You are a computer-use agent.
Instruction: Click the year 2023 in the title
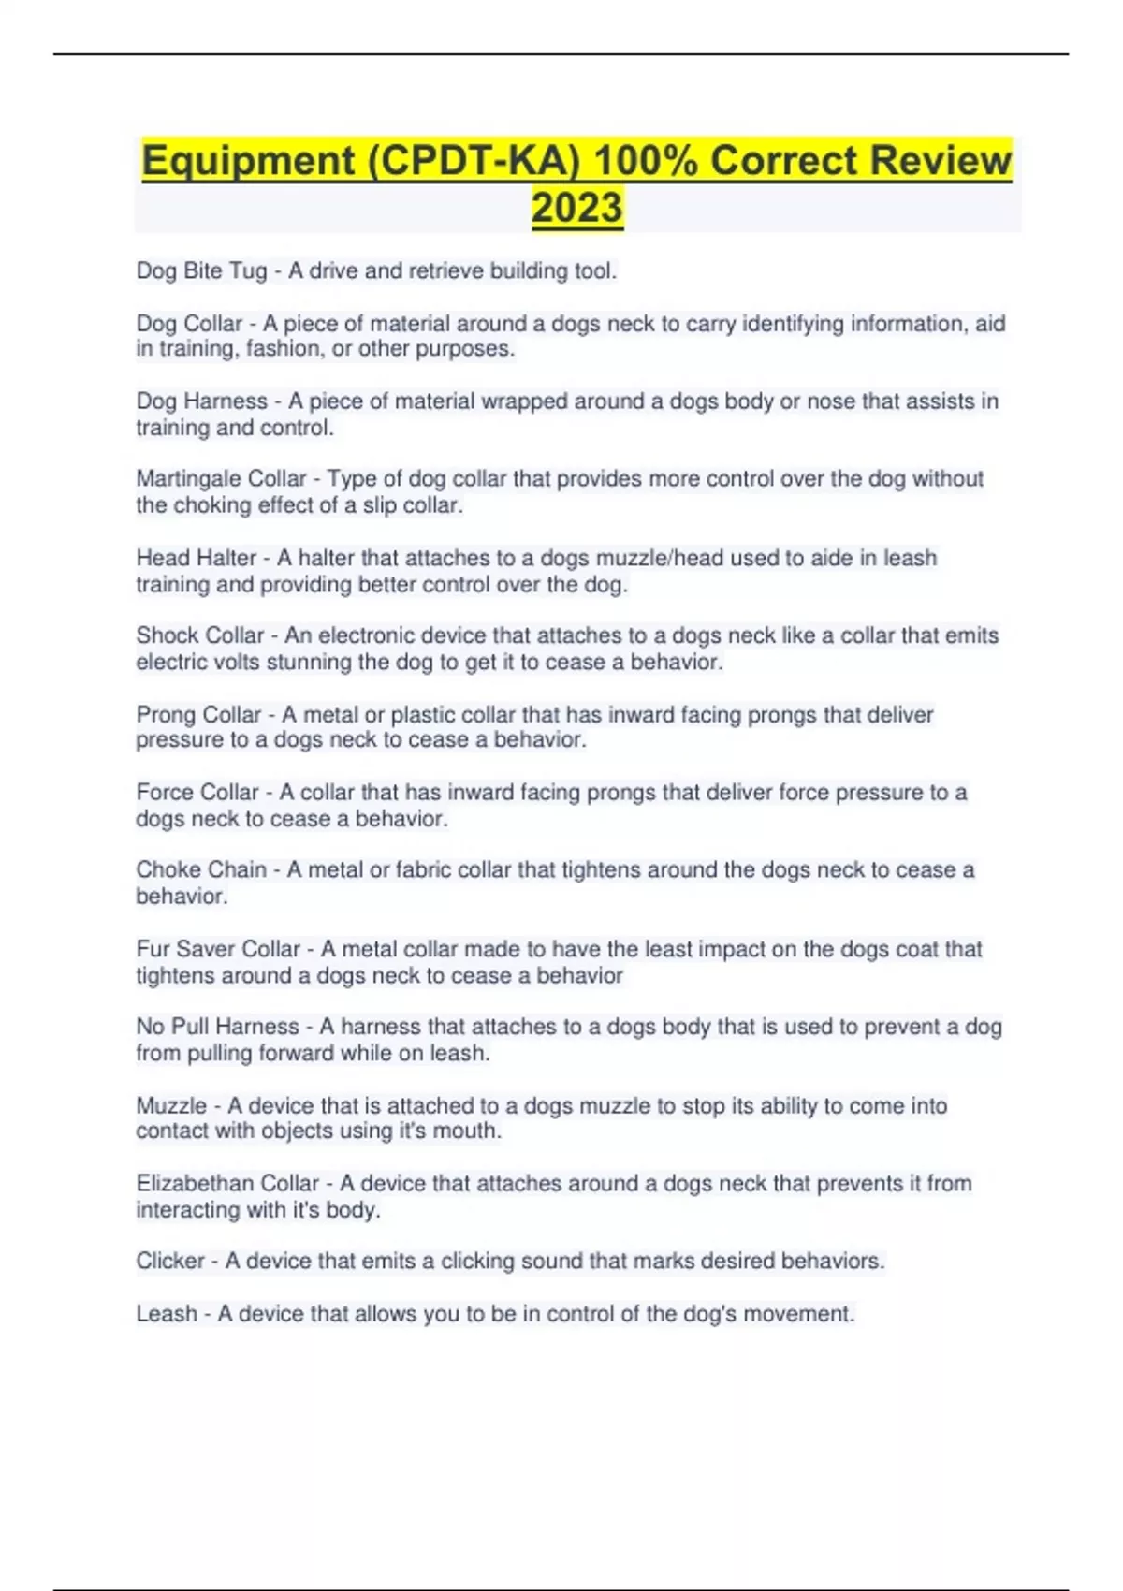(x=576, y=208)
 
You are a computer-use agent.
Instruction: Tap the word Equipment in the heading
(x=248, y=161)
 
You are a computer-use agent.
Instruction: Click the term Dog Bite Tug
(x=201, y=271)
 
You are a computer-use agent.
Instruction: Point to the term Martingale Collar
(x=221, y=479)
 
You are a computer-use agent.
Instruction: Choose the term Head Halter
(x=196, y=558)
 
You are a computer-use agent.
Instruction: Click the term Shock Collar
(x=200, y=635)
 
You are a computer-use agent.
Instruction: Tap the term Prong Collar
(x=198, y=715)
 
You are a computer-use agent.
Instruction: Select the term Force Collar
(x=197, y=793)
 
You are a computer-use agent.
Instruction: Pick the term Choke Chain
(x=201, y=870)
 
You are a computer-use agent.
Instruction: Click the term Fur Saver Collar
(x=218, y=949)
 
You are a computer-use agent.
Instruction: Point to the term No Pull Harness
(x=217, y=1027)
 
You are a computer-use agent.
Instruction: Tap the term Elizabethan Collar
(x=227, y=1184)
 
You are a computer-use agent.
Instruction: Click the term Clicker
(x=170, y=1262)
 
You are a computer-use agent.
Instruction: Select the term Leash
(x=167, y=1314)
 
